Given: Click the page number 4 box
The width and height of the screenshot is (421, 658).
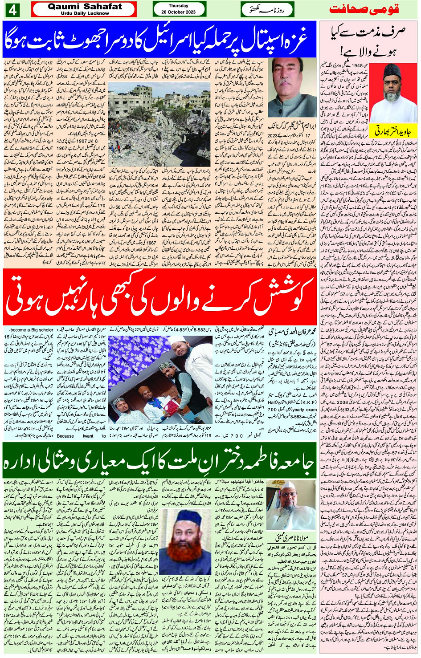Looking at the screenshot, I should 12,9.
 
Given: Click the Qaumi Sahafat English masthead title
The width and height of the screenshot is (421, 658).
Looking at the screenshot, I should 84,6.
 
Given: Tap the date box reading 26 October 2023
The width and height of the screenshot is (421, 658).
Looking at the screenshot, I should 179,9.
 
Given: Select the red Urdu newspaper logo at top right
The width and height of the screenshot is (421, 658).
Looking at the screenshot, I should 364,9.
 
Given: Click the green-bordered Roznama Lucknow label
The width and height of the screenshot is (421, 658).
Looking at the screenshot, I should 267,9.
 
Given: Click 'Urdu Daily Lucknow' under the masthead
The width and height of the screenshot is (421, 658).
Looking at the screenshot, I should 85,13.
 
